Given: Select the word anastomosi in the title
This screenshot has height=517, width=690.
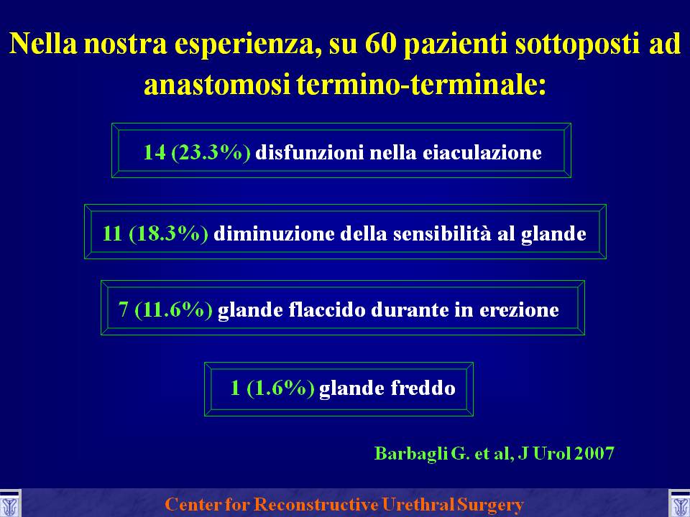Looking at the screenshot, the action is pos(217,85).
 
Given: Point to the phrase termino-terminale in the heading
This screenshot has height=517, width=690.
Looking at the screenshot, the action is pos(421,85).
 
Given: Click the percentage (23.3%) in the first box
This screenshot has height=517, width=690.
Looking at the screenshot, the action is pos(211,152).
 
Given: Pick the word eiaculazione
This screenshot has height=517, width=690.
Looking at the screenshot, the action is pos(482,152).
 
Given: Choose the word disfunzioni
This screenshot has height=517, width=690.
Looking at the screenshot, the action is pos(310,152).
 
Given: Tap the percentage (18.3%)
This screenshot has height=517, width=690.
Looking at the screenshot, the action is pos(168,233).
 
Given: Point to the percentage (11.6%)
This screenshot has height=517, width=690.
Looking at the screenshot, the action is pos(173,309).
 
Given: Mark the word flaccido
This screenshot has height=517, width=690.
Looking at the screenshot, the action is pos(328,309).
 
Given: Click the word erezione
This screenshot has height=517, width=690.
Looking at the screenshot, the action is pos(519,310).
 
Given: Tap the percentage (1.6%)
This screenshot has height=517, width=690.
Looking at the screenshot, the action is pos(280,388).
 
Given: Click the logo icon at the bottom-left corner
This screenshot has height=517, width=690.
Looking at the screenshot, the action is pos(9,503).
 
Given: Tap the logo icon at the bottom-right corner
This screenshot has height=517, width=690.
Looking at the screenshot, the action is pos(679,503).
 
